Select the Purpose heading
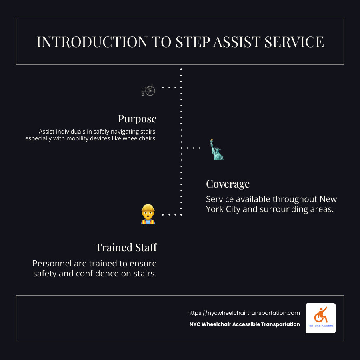(137, 119)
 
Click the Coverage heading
(228, 184)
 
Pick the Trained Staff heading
(126, 248)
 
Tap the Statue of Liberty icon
(217, 150)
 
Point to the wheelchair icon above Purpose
(148, 90)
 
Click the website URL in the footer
(244, 313)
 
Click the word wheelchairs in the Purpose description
(138, 139)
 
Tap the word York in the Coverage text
(216, 209)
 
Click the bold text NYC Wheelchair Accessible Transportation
(244, 324)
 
